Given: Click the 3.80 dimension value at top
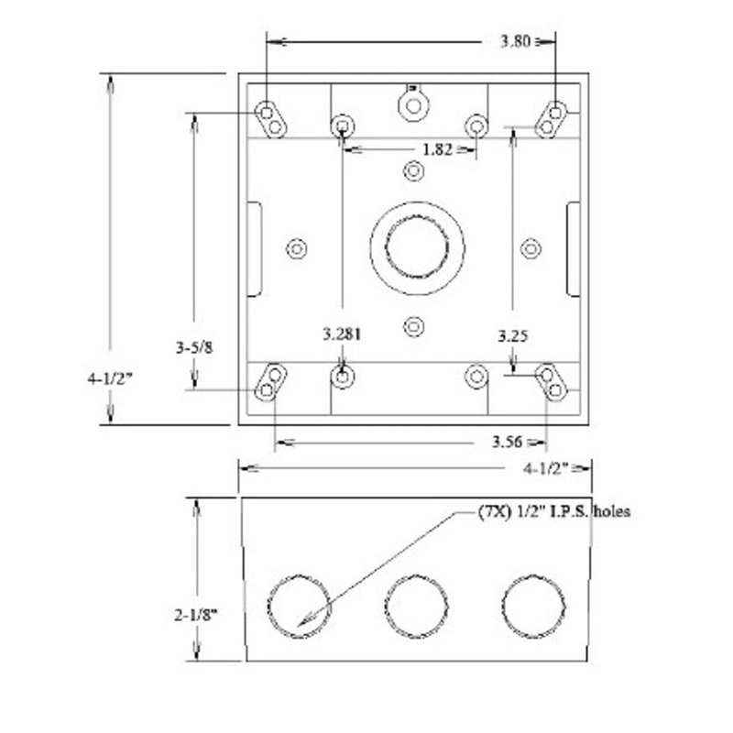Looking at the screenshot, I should pyautogui.click(x=513, y=40).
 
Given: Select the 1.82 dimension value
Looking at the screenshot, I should pyautogui.click(x=436, y=148).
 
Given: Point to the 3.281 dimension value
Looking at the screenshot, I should pyautogui.click(x=342, y=335).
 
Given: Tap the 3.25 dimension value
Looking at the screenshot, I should pyautogui.click(x=512, y=336).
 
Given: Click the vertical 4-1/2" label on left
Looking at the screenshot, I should pyautogui.click(x=111, y=377).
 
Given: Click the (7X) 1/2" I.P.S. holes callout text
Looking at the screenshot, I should pyautogui.click(x=553, y=511).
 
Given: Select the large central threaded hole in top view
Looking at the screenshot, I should pyautogui.click(x=417, y=248).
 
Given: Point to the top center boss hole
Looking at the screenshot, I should pyautogui.click(x=413, y=104).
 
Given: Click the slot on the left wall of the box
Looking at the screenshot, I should pyautogui.click(x=255, y=249).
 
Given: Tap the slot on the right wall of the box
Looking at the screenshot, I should pyautogui.click(x=573, y=249).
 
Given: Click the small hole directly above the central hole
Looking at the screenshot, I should pyautogui.click(x=414, y=171).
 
